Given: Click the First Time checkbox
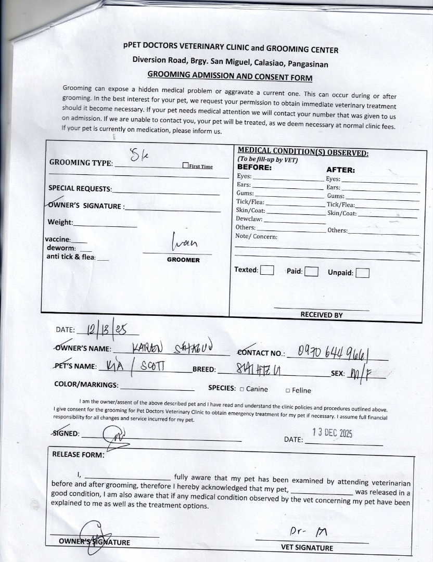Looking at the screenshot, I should coord(185,166).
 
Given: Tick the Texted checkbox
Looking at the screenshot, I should coord(267,270).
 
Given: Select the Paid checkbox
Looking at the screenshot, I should coord(311,271).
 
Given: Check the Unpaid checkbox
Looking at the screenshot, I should coord(363,273).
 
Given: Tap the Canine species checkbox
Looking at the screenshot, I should coord(242,389).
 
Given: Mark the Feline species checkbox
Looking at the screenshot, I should coord(288,390).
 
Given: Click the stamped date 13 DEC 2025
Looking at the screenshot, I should coord(332,433).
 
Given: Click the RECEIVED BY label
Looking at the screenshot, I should coord(321,315).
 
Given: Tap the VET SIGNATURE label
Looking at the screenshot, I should coord(307,547).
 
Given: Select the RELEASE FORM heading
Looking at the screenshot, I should coord(78,454).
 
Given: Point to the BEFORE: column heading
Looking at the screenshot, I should coord(254,168).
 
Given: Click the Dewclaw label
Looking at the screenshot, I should coord(245,219).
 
